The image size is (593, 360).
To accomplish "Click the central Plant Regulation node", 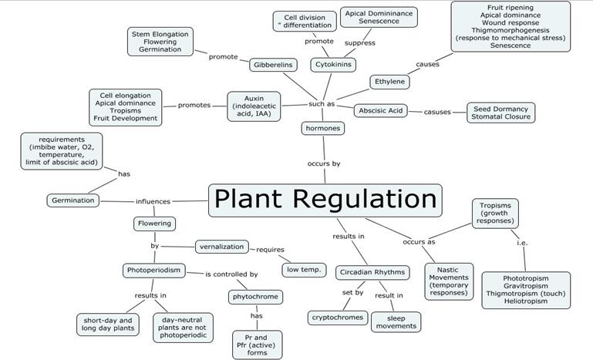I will click(325, 200).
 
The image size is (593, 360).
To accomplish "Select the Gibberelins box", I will click(273, 66).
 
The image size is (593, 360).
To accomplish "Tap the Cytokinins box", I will click(333, 65).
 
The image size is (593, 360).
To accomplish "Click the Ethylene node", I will click(390, 81).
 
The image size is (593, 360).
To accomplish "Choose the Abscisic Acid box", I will click(381, 111).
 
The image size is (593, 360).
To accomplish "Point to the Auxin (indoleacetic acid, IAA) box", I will click(253, 106).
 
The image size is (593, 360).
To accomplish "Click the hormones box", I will click(322, 128).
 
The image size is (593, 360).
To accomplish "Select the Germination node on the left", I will click(73, 200).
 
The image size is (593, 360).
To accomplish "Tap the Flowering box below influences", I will click(154, 224).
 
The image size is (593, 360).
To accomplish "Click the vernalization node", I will click(221, 247).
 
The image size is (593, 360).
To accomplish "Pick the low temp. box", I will click(303, 269).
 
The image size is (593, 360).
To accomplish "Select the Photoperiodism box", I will click(153, 271).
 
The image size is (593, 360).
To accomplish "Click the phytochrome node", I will click(256, 297).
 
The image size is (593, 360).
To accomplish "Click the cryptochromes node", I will click(336, 317).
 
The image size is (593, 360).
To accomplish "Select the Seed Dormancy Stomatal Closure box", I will click(500, 113).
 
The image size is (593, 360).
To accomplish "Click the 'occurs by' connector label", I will click(324, 164).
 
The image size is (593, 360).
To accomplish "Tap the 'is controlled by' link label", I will click(231, 274).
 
